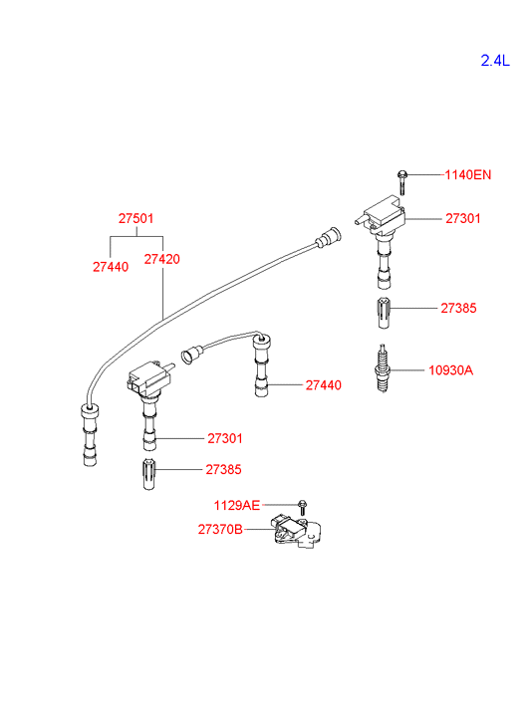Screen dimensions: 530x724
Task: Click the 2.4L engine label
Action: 495,61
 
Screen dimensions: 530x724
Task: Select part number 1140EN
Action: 467,175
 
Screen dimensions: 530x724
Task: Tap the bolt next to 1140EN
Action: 402,182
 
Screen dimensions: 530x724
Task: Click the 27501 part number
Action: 135,218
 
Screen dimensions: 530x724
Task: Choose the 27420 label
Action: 161,259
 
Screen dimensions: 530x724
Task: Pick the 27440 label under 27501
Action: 111,267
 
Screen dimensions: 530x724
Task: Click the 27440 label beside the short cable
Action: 324,385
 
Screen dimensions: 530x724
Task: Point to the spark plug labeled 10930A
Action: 383,368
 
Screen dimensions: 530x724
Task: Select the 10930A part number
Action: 450,370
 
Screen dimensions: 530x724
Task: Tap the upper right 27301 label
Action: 463,218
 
